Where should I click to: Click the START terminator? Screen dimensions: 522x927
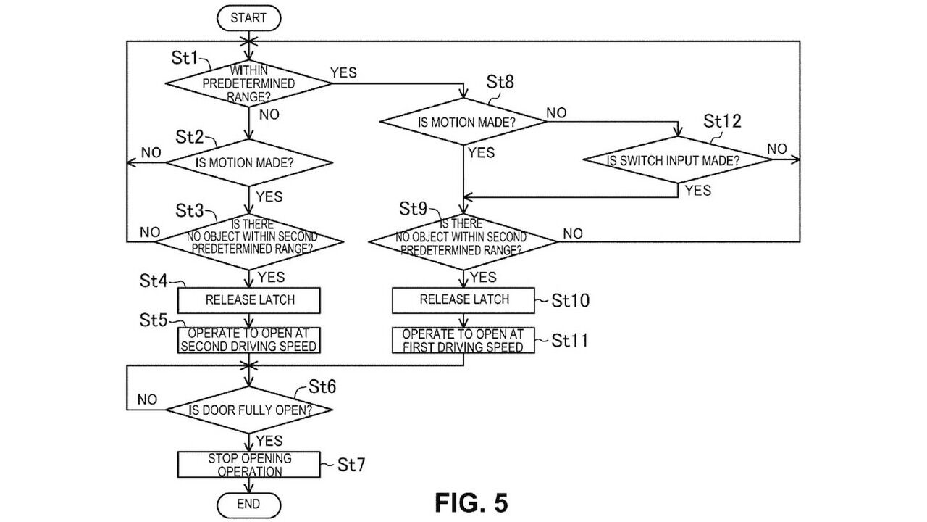[248, 19]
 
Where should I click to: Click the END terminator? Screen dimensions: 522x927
[248, 503]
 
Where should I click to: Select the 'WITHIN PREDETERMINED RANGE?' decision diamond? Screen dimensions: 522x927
[248, 83]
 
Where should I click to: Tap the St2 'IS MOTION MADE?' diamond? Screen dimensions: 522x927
[248, 162]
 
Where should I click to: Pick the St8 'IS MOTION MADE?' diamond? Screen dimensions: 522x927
[464, 122]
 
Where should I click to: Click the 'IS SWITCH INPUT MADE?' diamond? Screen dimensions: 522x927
[678, 161]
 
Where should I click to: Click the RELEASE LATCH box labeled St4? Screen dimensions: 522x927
[250, 299]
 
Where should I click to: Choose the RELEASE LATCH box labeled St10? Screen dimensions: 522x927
[463, 299]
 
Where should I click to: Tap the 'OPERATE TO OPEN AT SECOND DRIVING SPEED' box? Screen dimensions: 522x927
[248, 339]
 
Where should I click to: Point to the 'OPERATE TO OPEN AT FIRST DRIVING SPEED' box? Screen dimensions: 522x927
[463, 340]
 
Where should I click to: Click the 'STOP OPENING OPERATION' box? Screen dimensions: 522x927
[250, 465]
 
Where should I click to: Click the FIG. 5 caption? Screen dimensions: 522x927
[471, 502]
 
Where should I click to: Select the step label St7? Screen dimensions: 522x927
[351, 465]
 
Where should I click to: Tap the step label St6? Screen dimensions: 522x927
[322, 386]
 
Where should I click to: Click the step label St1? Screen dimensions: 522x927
[185, 58]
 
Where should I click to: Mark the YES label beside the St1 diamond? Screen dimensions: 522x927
[343, 72]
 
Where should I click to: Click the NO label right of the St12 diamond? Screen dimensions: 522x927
[777, 149]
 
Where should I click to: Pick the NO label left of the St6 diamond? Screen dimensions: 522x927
[147, 399]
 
